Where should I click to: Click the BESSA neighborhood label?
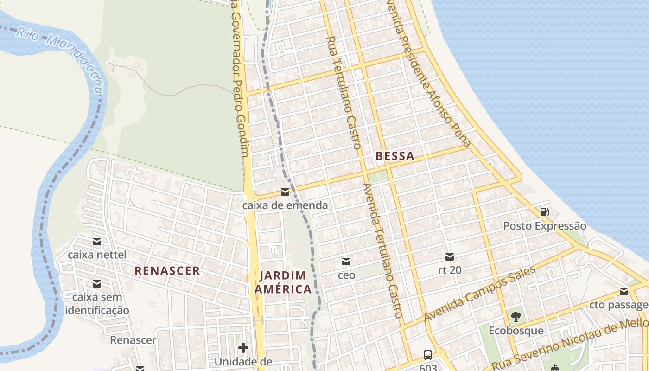click(x=394, y=156)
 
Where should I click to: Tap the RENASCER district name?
click(x=167, y=271)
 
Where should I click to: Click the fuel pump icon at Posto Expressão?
click(x=545, y=212)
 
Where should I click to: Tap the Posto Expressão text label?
click(x=545, y=226)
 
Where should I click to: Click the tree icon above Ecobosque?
click(x=515, y=317)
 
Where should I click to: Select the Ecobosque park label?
click(x=516, y=331)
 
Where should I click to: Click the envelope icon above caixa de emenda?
click(x=285, y=192)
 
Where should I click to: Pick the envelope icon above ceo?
click(x=346, y=262)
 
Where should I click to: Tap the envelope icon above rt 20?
click(x=449, y=256)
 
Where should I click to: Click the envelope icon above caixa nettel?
click(x=96, y=241)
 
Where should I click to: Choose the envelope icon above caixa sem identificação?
click(x=96, y=283)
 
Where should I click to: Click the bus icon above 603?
click(x=428, y=356)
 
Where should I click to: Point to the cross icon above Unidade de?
click(x=243, y=348)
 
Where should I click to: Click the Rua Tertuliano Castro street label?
click(x=344, y=93)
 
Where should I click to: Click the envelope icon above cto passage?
click(x=624, y=291)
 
